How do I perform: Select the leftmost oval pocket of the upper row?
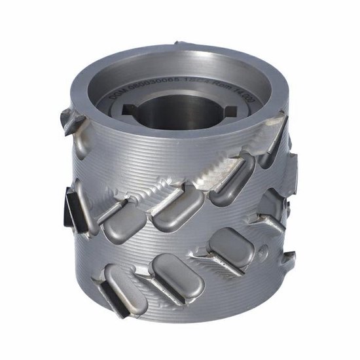[x=123, y=219]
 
